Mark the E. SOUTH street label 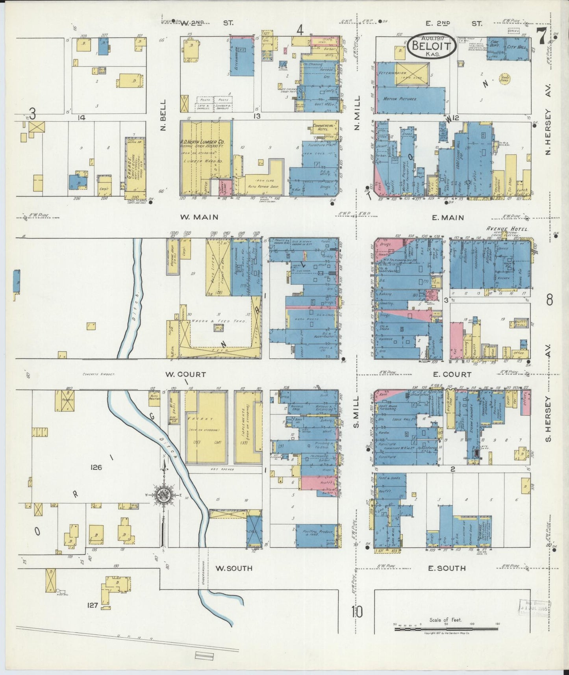click(447, 568)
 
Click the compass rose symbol click(162, 495)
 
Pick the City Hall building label click(516, 47)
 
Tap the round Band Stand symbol click(504, 78)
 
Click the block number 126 click(96, 467)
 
